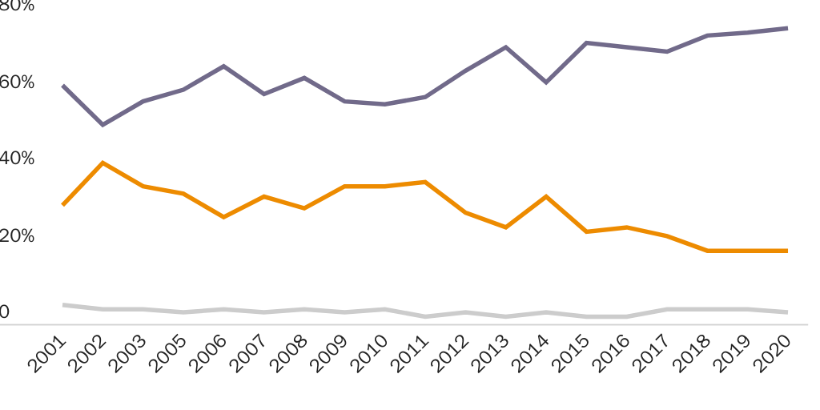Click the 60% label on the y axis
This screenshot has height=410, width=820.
(x=17, y=82)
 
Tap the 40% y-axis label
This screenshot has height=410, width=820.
(x=17, y=159)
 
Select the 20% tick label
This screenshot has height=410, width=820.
(x=17, y=236)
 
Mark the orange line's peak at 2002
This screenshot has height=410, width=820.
(x=102, y=163)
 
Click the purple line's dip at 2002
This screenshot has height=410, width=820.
(x=102, y=125)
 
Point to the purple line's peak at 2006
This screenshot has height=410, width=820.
(x=223, y=66)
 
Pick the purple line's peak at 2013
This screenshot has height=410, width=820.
(x=506, y=47)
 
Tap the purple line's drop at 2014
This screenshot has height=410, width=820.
(x=546, y=82)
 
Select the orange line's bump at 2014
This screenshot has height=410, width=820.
(x=546, y=196)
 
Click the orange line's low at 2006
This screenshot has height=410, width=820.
(x=223, y=217)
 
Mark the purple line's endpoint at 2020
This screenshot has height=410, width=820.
(x=788, y=28)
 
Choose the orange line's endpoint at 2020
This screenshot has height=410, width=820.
(x=788, y=251)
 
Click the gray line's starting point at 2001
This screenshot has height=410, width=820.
(x=62, y=304)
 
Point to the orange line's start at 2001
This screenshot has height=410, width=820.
(x=62, y=205)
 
